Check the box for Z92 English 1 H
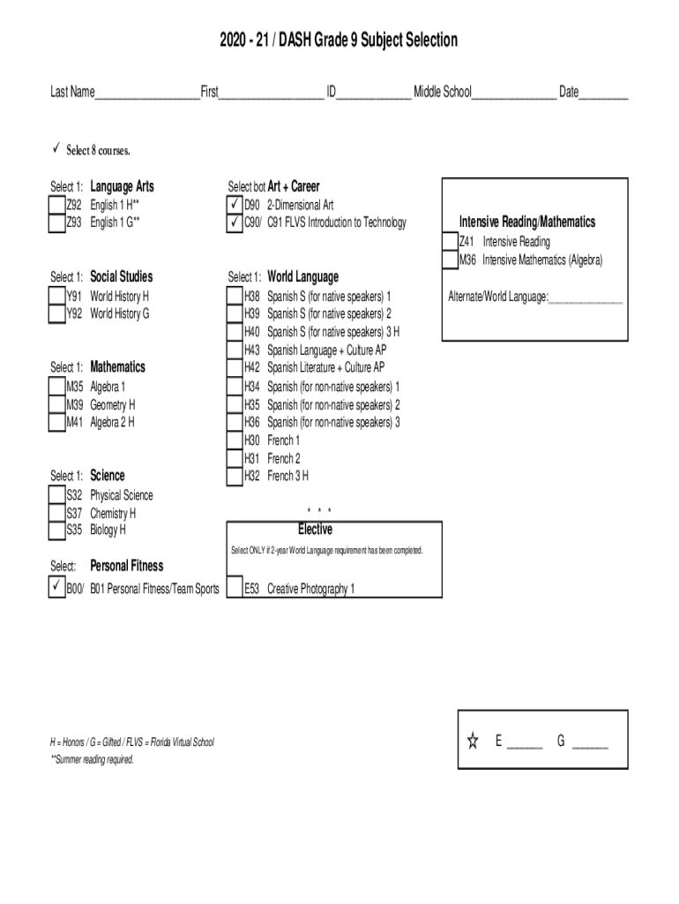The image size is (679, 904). point(57,205)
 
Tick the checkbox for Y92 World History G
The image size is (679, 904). point(57,314)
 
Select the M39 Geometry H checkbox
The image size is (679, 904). point(57,404)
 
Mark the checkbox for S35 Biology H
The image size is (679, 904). point(57,531)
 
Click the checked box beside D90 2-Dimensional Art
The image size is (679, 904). point(235,205)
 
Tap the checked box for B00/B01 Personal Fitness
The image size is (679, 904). point(57,587)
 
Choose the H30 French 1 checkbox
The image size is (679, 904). point(235,441)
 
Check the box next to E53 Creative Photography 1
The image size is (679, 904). point(235,587)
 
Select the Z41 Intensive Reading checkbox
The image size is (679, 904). point(451,242)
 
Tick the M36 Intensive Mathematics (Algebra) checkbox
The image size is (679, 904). point(451,260)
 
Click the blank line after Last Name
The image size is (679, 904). point(147,99)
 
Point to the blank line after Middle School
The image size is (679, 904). point(514,99)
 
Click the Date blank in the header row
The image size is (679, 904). point(603,99)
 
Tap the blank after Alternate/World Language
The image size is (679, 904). point(586,303)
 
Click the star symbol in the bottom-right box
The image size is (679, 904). point(473,741)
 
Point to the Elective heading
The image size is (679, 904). point(315,530)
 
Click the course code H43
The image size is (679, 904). point(251,350)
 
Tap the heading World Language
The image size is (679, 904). point(303,276)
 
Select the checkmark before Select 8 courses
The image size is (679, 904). point(56,148)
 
